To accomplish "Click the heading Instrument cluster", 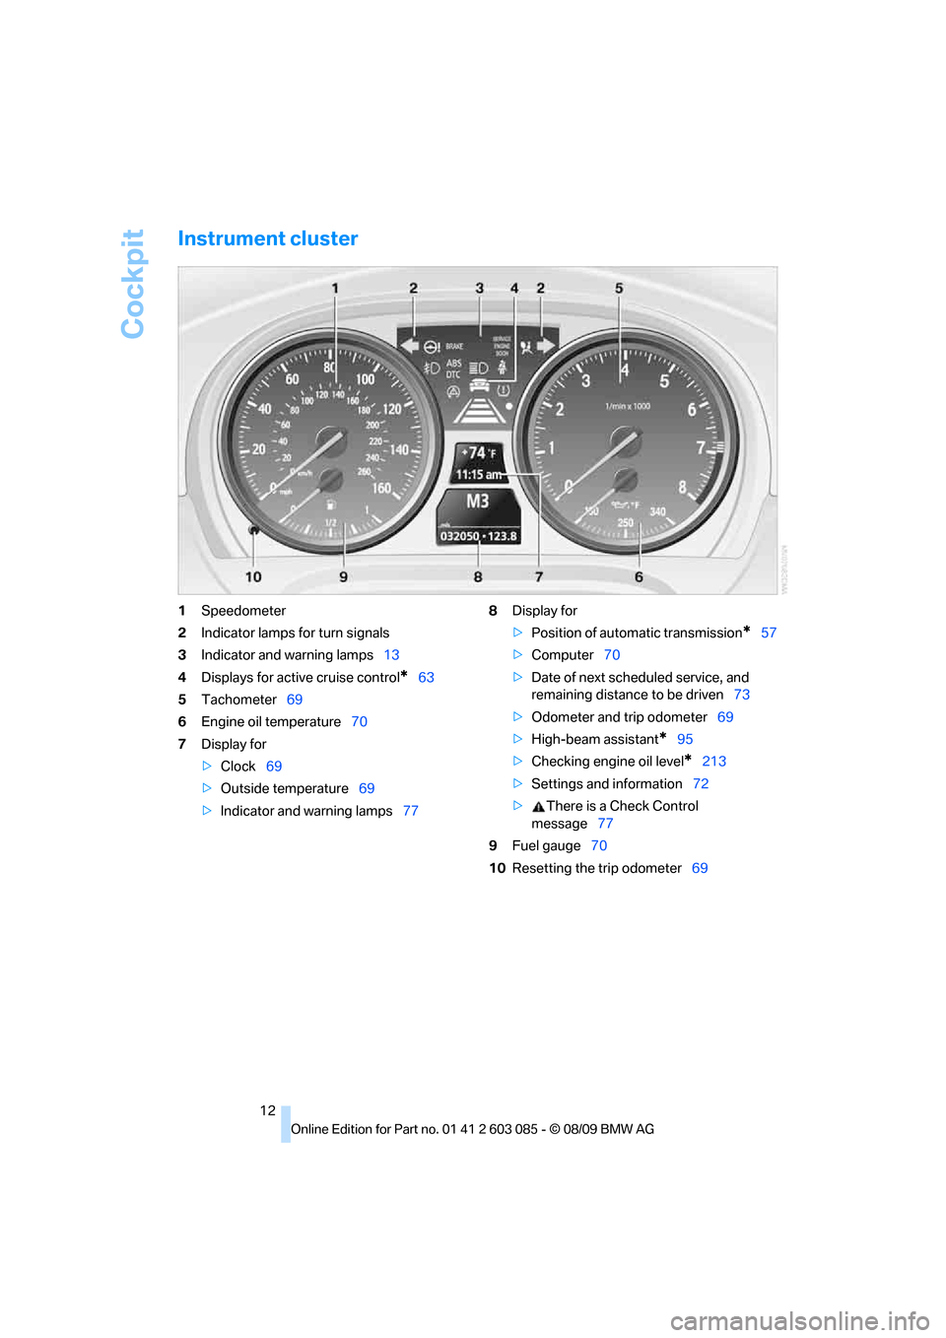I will click(267, 238).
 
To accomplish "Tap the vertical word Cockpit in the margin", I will click(133, 284).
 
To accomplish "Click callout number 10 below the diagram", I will click(253, 576).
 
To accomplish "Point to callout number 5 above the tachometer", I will click(619, 289).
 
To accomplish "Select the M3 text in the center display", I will click(478, 502).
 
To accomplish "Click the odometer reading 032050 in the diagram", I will click(459, 536).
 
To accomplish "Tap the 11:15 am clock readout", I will click(478, 475).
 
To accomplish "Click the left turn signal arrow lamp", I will click(409, 346).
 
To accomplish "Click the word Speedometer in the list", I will click(243, 611).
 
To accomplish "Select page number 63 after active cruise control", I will click(426, 678).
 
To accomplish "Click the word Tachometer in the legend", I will click(238, 700).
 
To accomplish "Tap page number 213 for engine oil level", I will click(713, 762).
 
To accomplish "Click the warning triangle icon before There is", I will click(538, 807).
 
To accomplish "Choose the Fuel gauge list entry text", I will click(546, 846).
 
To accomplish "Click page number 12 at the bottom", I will click(268, 1110).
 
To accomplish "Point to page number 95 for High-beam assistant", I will click(685, 739).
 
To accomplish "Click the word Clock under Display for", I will click(237, 767).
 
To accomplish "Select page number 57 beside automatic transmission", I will click(769, 633).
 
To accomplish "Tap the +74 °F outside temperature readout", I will click(479, 453).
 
